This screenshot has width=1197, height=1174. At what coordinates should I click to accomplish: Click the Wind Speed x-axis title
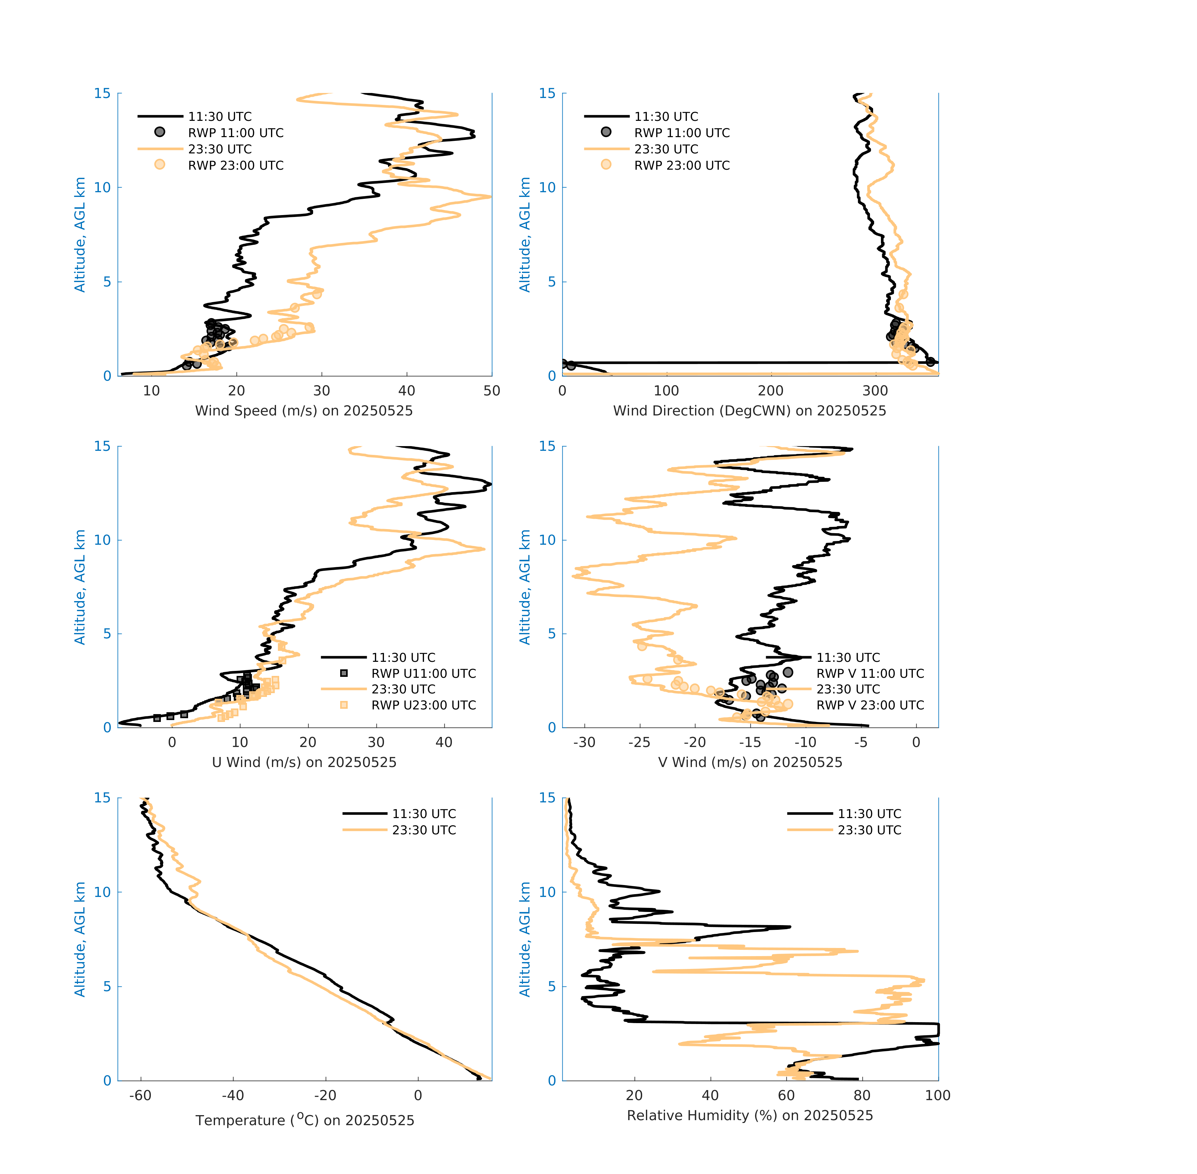click(x=304, y=411)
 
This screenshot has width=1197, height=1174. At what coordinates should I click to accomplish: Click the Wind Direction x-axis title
click(x=749, y=411)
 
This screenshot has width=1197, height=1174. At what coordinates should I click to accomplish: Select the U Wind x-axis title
click(x=304, y=762)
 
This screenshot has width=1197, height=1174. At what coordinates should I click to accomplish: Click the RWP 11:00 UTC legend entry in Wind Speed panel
click(x=235, y=132)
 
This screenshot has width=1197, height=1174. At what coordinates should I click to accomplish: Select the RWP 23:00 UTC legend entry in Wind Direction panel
click(x=682, y=165)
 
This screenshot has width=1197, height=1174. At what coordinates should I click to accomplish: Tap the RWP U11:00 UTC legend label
click(x=423, y=673)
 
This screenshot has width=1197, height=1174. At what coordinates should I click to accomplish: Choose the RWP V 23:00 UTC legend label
click(x=870, y=705)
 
